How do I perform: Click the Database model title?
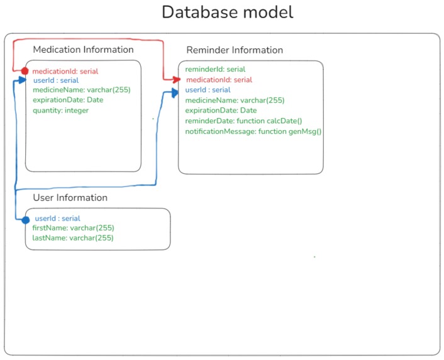pos(228,12)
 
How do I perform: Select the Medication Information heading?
pos(83,50)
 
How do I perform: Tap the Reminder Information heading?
pos(235,50)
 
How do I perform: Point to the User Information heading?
pos(70,197)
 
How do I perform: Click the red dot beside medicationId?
pos(25,71)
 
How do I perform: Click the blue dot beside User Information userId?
pos(26,220)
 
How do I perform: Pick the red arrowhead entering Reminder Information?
pos(177,80)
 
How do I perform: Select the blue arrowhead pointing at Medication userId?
pos(22,80)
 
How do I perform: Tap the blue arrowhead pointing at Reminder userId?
pos(175,92)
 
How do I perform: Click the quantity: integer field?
pos(60,111)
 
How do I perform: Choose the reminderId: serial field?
pos(215,69)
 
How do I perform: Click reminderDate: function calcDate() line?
pos(243,121)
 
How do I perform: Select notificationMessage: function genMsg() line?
pos(253,131)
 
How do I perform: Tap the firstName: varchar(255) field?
pos(74,228)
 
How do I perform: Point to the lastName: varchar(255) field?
pos(73,238)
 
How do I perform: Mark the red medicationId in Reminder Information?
pos(219,80)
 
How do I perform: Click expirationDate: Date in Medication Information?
pos(68,100)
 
